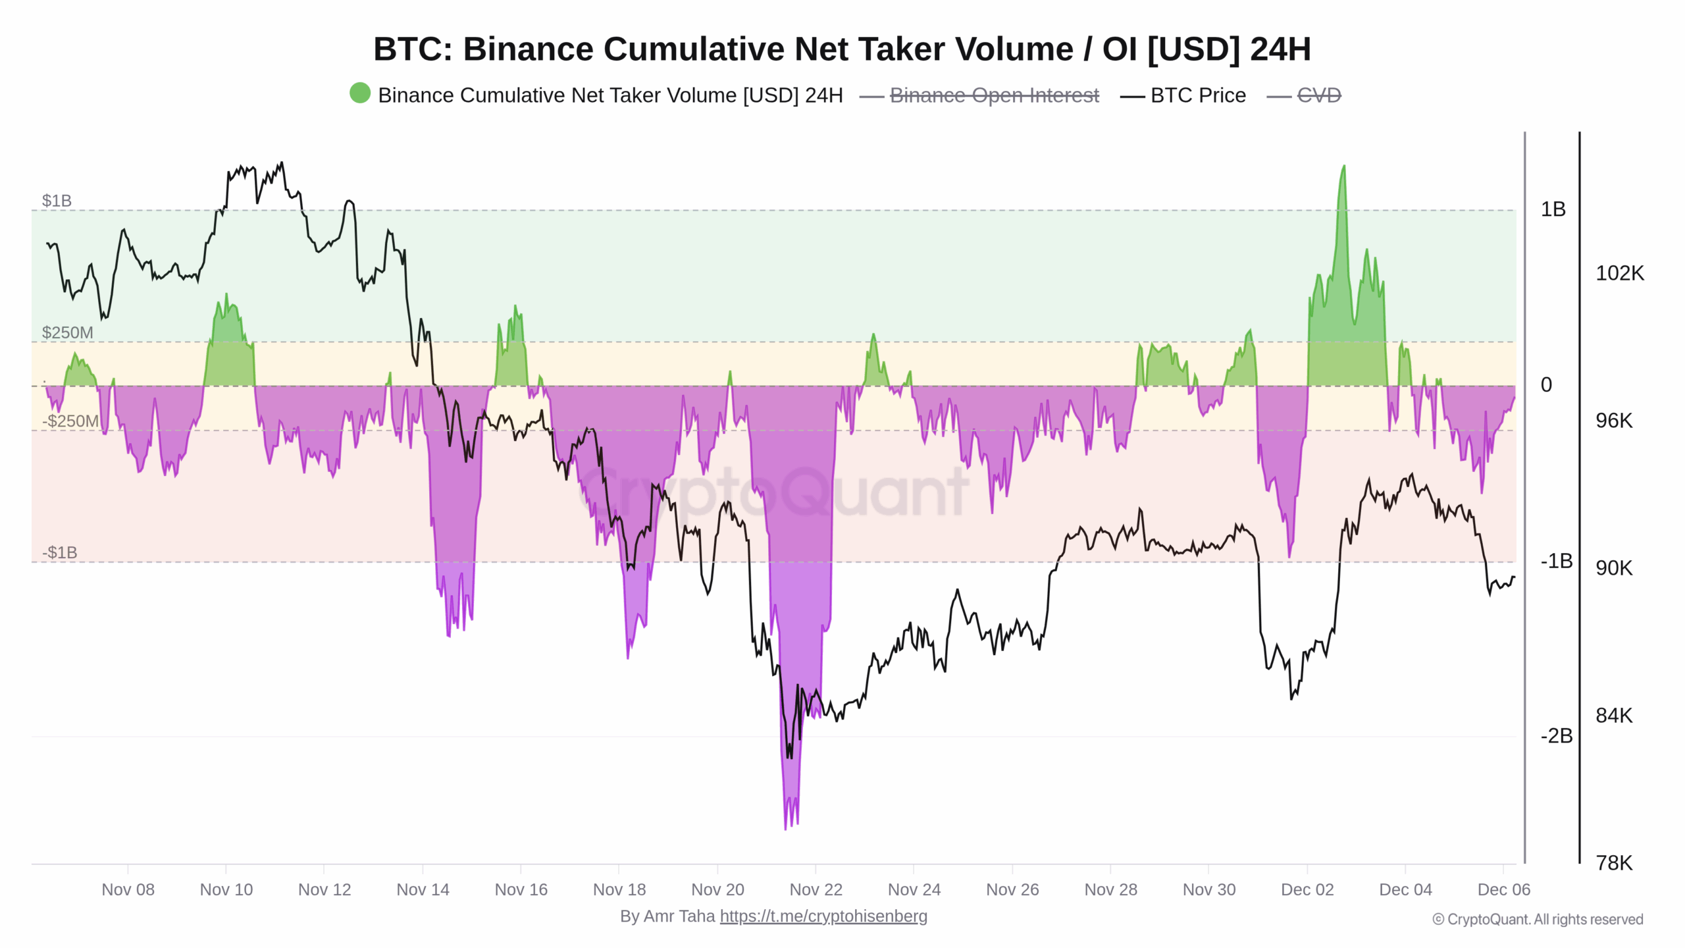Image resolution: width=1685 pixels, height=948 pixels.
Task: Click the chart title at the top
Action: (842, 49)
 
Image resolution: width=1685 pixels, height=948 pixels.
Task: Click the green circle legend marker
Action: (360, 93)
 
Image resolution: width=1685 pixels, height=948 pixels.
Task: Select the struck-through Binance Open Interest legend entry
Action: (994, 95)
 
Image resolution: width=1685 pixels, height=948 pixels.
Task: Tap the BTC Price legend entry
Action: (1197, 95)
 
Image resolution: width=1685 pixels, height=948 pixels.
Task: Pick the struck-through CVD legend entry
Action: (1318, 95)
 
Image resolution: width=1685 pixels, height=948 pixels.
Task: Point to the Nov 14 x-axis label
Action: (423, 889)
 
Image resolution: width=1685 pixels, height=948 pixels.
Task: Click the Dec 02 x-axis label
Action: (1307, 889)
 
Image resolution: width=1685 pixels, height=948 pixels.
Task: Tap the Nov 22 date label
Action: (816, 889)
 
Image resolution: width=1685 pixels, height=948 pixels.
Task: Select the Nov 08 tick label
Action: (128, 889)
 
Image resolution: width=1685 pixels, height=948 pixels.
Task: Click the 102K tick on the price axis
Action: (1619, 273)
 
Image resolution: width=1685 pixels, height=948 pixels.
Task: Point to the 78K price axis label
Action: (1614, 863)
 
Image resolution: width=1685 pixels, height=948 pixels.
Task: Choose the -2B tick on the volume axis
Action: (1556, 736)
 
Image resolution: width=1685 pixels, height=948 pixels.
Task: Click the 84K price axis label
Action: (1614, 716)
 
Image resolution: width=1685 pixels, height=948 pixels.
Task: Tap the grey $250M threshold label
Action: (67, 332)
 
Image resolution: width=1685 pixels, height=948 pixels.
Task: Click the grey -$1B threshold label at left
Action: (59, 552)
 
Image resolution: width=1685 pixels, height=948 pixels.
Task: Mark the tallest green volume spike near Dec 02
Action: (1343, 168)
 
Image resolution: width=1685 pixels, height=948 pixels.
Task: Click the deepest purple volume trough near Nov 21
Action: (785, 826)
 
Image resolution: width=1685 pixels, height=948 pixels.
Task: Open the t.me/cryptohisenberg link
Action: (823, 916)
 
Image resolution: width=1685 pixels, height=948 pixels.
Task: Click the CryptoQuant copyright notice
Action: (1538, 920)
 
